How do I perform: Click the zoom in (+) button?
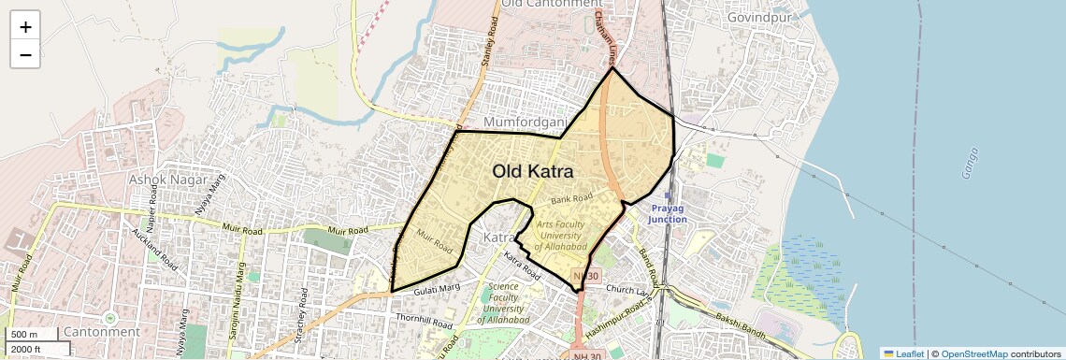coord(25,27)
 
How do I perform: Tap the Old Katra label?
coord(533,172)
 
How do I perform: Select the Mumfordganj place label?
coord(526,122)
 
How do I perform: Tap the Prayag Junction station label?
coord(668,213)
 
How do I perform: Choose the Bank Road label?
coord(572,199)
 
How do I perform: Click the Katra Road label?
coord(522,266)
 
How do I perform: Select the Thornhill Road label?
coord(425,320)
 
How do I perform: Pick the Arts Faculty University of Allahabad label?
coord(561,236)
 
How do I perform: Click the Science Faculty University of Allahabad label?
coord(504,303)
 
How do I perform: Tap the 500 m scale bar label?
coord(25,335)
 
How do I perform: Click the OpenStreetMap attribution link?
coord(973,353)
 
